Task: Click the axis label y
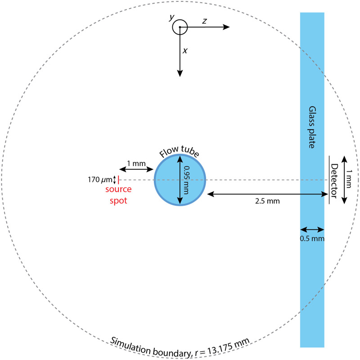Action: coord(171,18)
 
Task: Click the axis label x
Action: coord(185,51)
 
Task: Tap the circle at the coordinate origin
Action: coord(180,27)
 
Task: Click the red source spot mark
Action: coord(118,180)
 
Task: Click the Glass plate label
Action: coord(312,128)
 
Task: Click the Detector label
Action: coord(334,179)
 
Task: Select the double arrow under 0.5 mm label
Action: coord(312,229)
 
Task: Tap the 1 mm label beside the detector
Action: coord(353,179)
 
